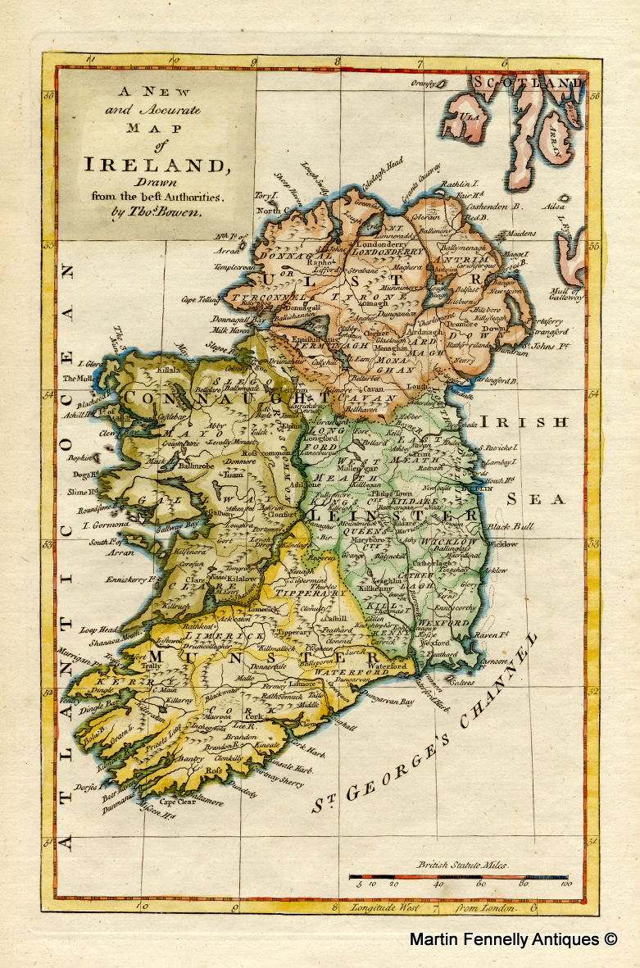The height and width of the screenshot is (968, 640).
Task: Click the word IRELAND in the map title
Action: coord(156,163)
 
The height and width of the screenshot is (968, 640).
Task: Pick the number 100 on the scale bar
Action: coord(563,884)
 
